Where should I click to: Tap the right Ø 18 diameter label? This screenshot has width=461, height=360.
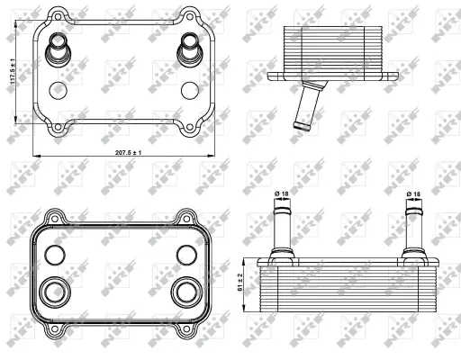click(x=414, y=193)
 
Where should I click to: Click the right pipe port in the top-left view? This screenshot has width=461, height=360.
click(x=190, y=48)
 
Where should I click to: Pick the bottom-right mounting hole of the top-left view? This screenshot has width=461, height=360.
click(x=190, y=127)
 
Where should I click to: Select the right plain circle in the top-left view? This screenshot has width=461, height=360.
click(x=190, y=90)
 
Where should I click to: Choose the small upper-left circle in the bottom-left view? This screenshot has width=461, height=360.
click(x=57, y=254)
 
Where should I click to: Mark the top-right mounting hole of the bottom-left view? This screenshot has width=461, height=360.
click(x=189, y=217)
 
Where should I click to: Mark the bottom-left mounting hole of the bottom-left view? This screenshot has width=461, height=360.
click(x=57, y=328)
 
